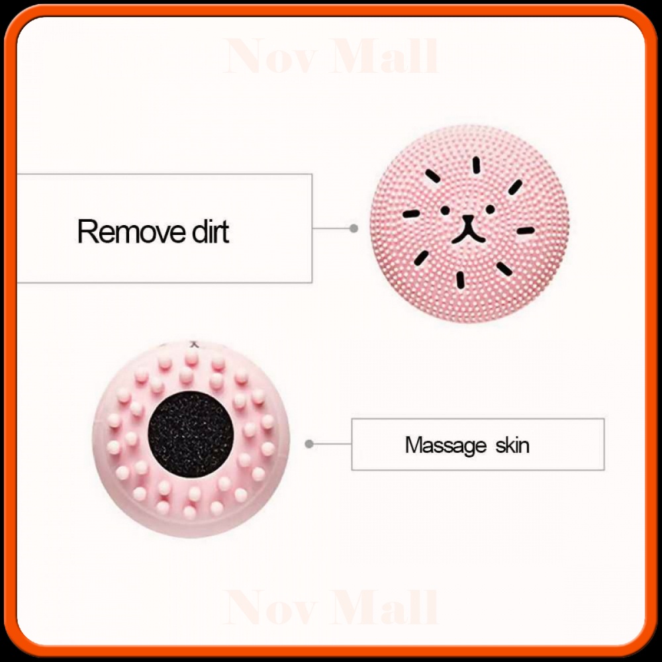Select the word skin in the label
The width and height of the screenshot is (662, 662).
[x=512, y=444]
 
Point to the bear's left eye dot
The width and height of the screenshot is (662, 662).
[x=445, y=211]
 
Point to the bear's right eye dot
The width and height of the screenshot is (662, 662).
[x=490, y=209]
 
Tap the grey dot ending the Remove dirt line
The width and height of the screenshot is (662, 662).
[x=354, y=228]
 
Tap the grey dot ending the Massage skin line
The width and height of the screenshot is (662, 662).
[x=308, y=444]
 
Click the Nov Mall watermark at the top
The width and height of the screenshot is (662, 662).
[x=331, y=58]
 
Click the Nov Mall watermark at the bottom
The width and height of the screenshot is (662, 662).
[x=331, y=607]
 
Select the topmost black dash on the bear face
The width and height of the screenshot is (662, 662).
[x=475, y=165]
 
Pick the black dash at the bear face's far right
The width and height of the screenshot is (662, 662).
[x=525, y=231]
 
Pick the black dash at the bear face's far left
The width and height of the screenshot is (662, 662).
[x=410, y=214]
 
